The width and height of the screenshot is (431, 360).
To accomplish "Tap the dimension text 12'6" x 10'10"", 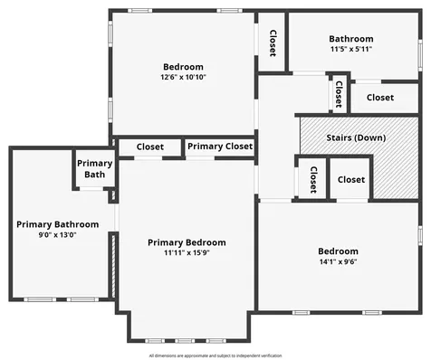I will (183, 78).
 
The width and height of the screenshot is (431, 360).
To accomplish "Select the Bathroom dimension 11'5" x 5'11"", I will (350, 49).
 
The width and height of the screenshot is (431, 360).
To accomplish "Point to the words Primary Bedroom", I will (187, 242).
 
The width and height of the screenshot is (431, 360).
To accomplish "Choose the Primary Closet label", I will (219, 146).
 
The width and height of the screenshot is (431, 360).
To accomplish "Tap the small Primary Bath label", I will (94, 168).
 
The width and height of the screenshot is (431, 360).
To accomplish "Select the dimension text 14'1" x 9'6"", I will (338, 261).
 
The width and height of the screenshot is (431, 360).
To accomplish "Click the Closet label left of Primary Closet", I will (150, 146).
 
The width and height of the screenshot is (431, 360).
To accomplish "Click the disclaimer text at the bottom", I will (215, 355).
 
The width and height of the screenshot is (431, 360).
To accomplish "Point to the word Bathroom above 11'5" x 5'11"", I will (350, 39).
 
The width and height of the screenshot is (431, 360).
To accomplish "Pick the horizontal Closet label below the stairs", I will (351, 179).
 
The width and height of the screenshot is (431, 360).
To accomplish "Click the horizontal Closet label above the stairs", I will (379, 97).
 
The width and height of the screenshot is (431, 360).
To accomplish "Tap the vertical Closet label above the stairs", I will (339, 95).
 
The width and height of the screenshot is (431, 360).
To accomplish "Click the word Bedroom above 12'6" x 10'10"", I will (183, 67).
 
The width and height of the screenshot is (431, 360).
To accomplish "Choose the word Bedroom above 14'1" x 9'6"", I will (338, 251).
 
